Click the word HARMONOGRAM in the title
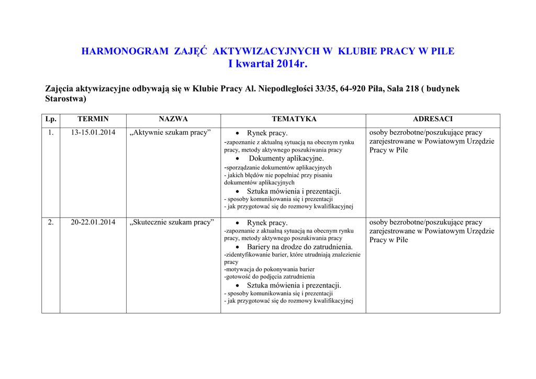(125, 51)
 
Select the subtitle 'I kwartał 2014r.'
(268, 64)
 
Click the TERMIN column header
(93, 119)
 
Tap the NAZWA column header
(173, 119)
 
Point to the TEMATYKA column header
(293, 119)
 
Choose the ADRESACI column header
(432, 119)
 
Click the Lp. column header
(51, 119)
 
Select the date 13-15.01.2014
(93, 133)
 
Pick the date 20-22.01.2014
(93, 223)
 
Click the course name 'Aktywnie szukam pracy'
(170, 133)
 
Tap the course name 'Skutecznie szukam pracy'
(172, 223)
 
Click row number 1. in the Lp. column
(51, 133)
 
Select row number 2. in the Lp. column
(51, 223)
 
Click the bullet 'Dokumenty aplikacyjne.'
(286, 158)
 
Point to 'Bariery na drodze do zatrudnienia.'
(299, 247)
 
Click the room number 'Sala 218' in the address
(404, 89)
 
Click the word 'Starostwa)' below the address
(65, 98)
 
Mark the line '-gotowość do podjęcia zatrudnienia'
(270, 277)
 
